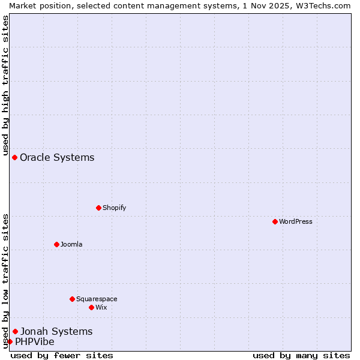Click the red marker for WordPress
tap(275, 221)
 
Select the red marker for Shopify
tap(98, 208)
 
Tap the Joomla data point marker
tap(56, 244)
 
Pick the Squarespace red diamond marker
tap(72, 299)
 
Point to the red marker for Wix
tap(91, 307)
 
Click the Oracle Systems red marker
tap(14, 157)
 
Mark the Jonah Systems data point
tap(15, 331)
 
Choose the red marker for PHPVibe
tap(10, 341)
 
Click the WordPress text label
tap(296, 221)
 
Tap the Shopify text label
tap(114, 208)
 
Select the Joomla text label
tap(71, 244)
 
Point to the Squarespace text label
tap(97, 299)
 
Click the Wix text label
tap(101, 307)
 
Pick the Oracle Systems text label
tap(57, 157)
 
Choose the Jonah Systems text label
tap(56, 331)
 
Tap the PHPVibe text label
tap(34, 341)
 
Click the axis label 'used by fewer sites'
tap(62, 355)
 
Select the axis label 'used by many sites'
tap(301, 355)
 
